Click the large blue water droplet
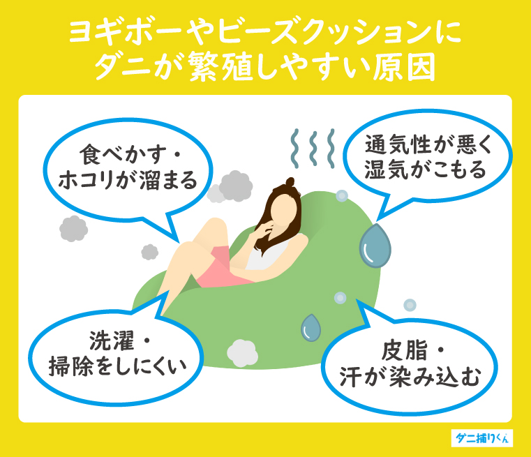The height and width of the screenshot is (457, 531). pos(375,246)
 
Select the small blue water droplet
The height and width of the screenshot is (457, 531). pos(311,327)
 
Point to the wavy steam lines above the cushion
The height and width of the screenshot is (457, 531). pos(307,148)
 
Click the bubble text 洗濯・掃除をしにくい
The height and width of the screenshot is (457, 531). pos(116,352)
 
